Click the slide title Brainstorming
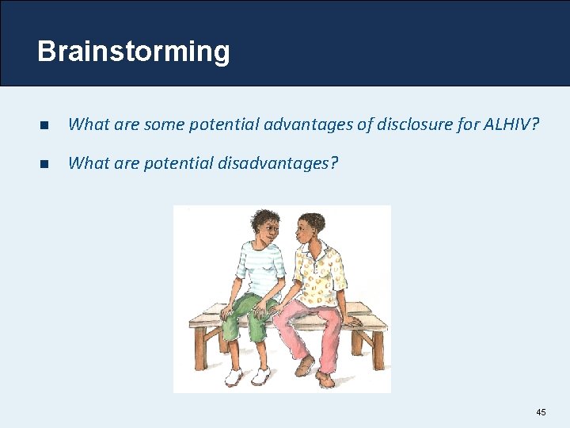pyautogui.click(x=133, y=52)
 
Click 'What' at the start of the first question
pyautogui.click(x=86, y=124)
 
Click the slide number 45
pyautogui.click(x=541, y=412)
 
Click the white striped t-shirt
pyautogui.click(x=259, y=269)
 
